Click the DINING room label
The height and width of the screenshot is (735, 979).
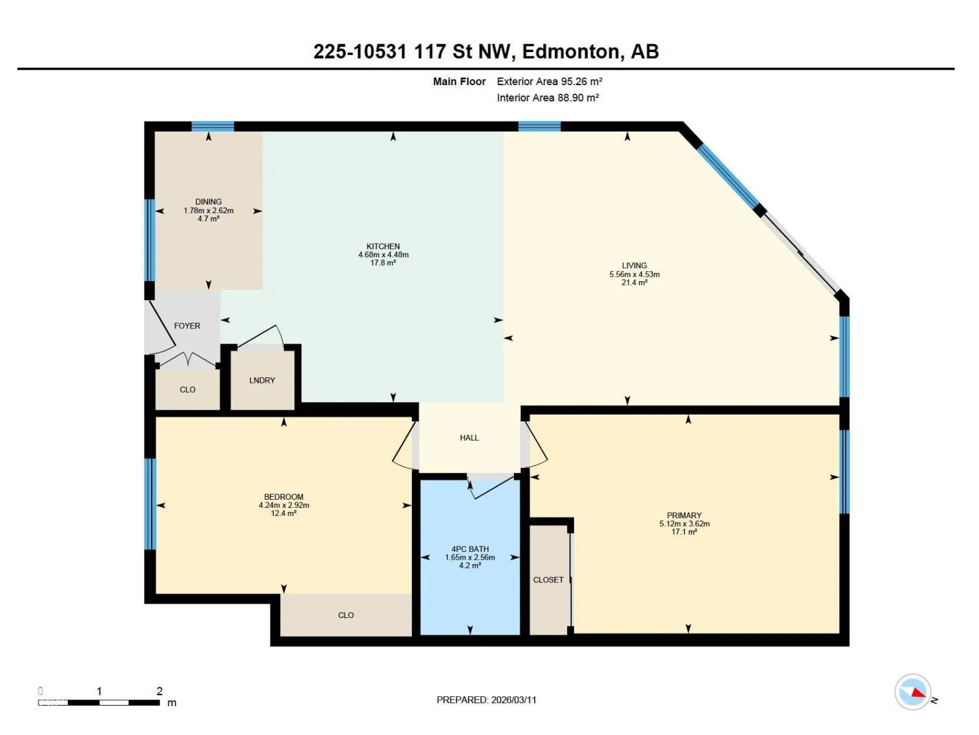tap(208, 202)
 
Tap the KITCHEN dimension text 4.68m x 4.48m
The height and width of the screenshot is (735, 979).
tap(383, 255)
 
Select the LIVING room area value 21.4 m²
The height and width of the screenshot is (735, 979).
tap(635, 282)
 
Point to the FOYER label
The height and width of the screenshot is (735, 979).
tap(187, 326)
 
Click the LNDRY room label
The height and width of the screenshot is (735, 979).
tap(262, 380)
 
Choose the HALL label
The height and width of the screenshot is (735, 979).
tap(469, 438)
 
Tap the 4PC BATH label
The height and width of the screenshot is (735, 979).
tap(470, 549)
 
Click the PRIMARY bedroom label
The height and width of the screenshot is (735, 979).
tap(684, 516)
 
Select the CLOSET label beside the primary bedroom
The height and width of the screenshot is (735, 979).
tap(548, 579)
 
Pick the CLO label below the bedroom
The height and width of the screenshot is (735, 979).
tap(346, 615)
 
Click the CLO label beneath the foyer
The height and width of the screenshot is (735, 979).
tap(187, 390)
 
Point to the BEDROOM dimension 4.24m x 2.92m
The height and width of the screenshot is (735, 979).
tap(284, 505)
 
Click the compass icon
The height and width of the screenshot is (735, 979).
tap(912, 692)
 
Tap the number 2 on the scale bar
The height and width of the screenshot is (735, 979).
tap(159, 692)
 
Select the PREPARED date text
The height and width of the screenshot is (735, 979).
tap(486, 699)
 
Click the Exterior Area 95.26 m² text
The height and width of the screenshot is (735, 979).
tap(549, 81)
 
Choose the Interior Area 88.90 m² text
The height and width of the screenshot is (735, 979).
tap(548, 98)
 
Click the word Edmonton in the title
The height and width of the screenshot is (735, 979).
tap(571, 52)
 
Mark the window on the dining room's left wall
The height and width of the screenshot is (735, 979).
tap(150, 240)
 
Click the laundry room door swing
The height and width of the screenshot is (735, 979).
tap(261, 336)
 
